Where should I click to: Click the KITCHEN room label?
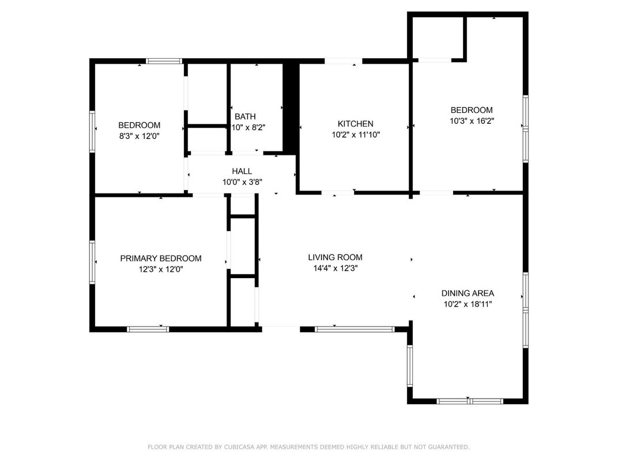click(355, 124)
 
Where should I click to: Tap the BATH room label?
click(245, 116)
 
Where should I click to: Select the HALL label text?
click(242, 171)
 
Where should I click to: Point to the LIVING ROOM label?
click(335, 257)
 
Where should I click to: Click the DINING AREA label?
click(468, 293)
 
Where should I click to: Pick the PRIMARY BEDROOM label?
click(161, 259)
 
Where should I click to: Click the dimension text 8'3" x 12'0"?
click(140, 136)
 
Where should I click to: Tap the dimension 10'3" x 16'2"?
click(472, 121)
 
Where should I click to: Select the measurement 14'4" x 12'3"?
click(336, 268)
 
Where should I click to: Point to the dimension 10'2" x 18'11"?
click(468, 304)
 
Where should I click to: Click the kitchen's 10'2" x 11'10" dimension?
click(356, 135)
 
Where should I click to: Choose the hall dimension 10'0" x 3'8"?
click(242, 183)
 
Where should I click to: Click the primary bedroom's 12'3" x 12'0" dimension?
click(161, 270)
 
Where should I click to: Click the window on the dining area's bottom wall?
click(470, 401)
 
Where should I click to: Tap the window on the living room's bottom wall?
click(355, 329)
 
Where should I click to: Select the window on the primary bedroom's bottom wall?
click(148, 329)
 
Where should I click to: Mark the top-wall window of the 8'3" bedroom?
click(164, 61)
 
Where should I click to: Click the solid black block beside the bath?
click(291, 109)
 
